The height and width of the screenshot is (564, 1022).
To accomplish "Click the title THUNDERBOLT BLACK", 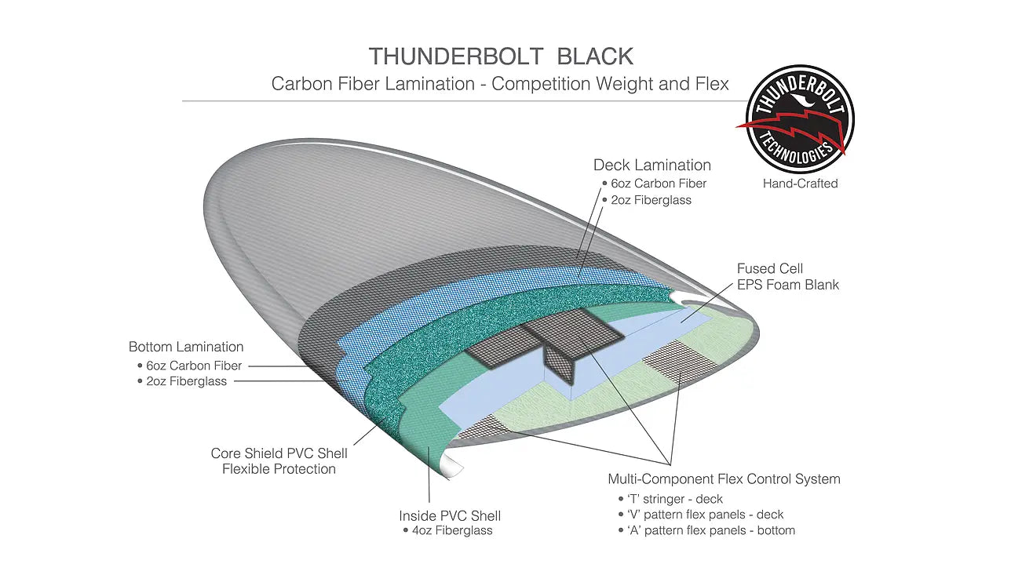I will point(501,56).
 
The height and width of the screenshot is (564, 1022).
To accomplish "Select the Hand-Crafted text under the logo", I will point(800,184).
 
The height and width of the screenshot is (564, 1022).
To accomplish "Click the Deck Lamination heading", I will point(652,165).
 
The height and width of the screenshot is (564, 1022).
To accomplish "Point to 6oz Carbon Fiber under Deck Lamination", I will point(659,184).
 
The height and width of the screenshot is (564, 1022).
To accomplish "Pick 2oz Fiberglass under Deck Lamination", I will point(651,200).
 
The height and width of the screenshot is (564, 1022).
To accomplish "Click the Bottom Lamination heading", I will point(186,347).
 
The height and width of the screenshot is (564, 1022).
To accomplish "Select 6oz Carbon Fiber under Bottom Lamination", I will point(194,366).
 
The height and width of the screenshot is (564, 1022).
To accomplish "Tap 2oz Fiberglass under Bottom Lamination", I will point(186,382).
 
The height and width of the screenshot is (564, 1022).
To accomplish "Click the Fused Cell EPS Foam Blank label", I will point(787,277).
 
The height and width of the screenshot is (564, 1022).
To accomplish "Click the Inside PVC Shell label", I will point(450,515).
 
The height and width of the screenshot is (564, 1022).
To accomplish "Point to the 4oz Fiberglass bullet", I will point(451,531).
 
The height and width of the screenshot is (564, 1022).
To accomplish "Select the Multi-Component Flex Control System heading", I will point(724,478).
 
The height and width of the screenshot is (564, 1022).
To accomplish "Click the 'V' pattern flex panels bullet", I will point(705,515).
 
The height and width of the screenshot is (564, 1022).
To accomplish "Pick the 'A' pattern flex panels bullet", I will point(710,531).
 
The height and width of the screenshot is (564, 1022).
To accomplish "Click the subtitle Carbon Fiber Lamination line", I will point(500,83).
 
